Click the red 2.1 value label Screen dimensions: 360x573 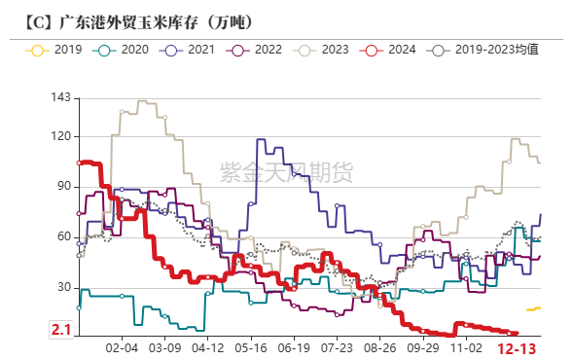61,331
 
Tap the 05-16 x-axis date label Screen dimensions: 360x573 251,346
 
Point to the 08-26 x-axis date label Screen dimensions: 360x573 381,346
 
